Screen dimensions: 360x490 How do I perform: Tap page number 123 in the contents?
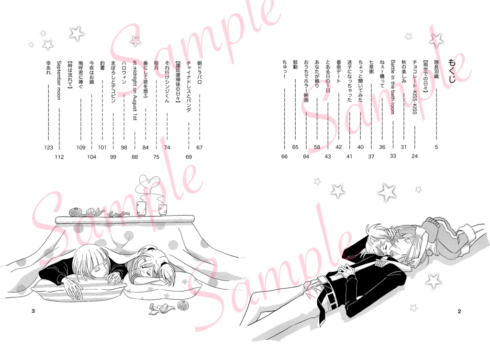coord(48,148)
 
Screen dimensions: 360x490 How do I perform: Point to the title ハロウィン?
coord(124,73)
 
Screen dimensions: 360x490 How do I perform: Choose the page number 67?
coord(200,148)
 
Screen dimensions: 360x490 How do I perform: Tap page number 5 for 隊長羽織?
coord(436,148)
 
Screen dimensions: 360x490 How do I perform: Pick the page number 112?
coord(59,157)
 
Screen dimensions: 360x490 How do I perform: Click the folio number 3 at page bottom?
coord(33,312)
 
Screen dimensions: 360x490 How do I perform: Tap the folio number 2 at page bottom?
coord(459,312)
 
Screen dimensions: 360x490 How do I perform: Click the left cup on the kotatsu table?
coord(141,208)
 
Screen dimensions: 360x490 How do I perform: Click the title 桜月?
coord(156,66)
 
